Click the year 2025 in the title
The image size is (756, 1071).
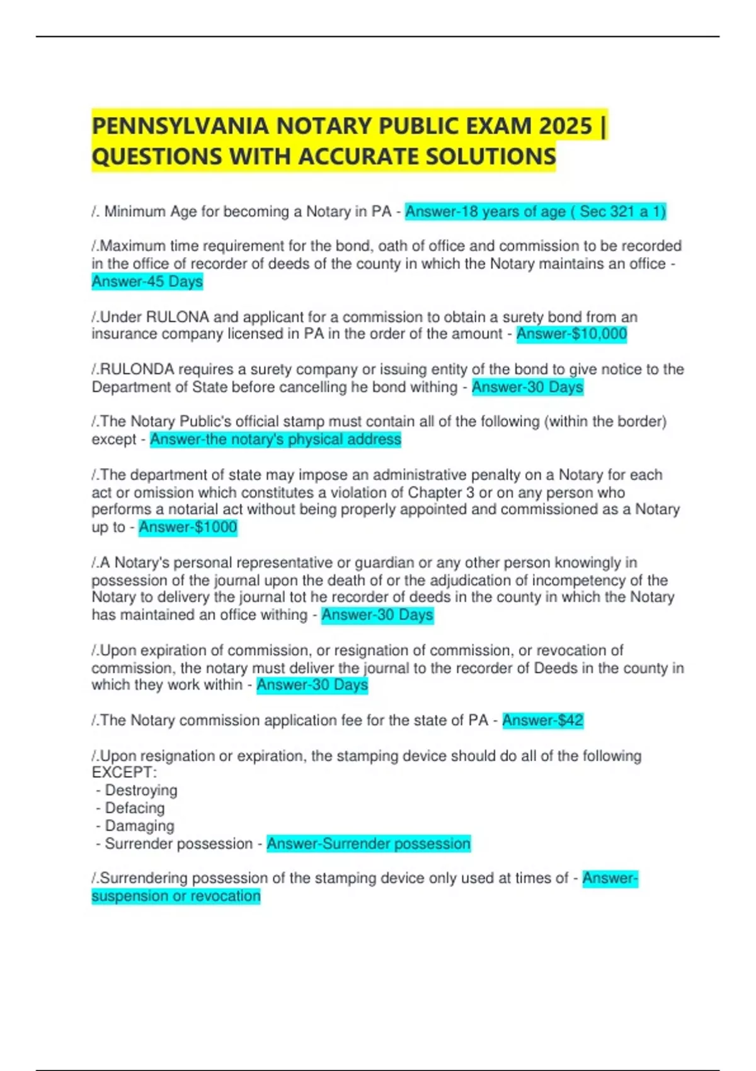pyautogui.click(x=565, y=126)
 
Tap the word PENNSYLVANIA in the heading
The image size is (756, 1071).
pyautogui.click(x=180, y=126)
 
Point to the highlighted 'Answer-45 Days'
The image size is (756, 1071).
pyautogui.click(x=147, y=282)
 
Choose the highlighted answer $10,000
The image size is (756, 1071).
pyautogui.click(x=571, y=334)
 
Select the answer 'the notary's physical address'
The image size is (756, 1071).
pyautogui.click(x=275, y=439)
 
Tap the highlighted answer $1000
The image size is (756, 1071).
pyautogui.click(x=188, y=527)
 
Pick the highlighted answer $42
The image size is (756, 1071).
pyautogui.click(x=543, y=720)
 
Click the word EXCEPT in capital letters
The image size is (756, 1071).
pyautogui.click(x=122, y=772)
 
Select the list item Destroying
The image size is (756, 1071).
pyautogui.click(x=140, y=790)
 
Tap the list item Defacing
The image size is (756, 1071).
pyautogui.click(x=134, y=808)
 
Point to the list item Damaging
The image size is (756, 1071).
pyautogui.click(x=139, y=825)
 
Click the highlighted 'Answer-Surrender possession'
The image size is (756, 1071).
pyautogui.click(x=369, y=844)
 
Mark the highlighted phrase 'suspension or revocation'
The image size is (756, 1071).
pyautogui.click(x=176, y=896)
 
